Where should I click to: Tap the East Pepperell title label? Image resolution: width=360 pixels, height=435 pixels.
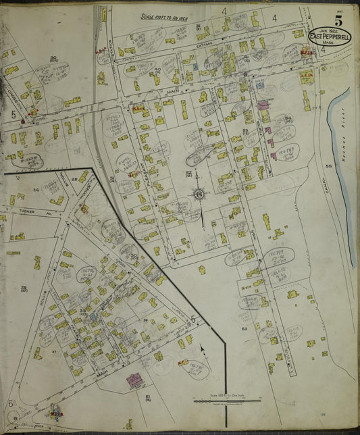tap(328, 36)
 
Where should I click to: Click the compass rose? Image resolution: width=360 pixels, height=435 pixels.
tap(200, 195)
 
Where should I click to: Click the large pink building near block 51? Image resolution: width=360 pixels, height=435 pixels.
tap(136, 381)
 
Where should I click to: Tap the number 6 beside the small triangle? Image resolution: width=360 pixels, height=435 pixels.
tap(11, 403)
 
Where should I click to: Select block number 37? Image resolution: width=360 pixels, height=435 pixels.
tap(53, 352)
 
